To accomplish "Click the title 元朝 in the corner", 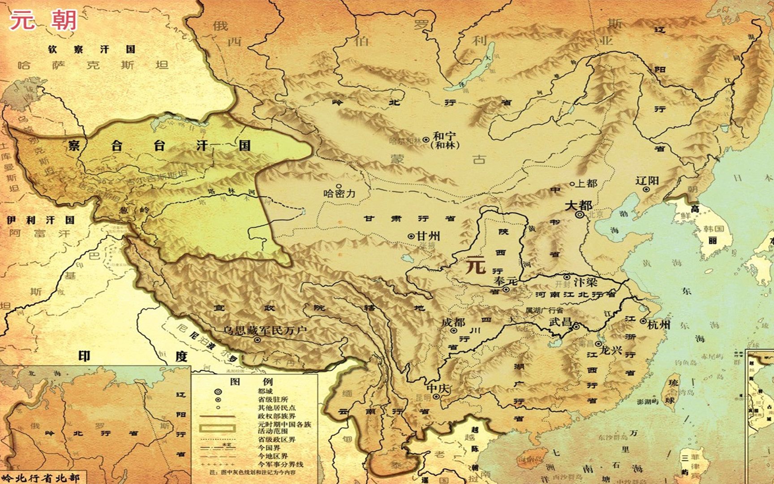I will coord(43,21).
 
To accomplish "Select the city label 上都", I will coord(586,183).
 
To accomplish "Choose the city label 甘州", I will coord(428,236).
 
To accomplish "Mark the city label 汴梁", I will coord(585,283).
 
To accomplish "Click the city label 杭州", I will coord(658,324).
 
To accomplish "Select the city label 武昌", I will coord(561,322).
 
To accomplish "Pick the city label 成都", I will coord(453,322).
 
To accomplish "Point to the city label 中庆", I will coord(437,388).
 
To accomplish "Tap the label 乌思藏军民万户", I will coord(264,331).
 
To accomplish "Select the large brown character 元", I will coord(476,265).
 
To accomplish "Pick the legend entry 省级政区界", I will coord(276,439).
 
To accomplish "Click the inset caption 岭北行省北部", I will coord(41,478).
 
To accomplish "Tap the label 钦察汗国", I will coord(91,49).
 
